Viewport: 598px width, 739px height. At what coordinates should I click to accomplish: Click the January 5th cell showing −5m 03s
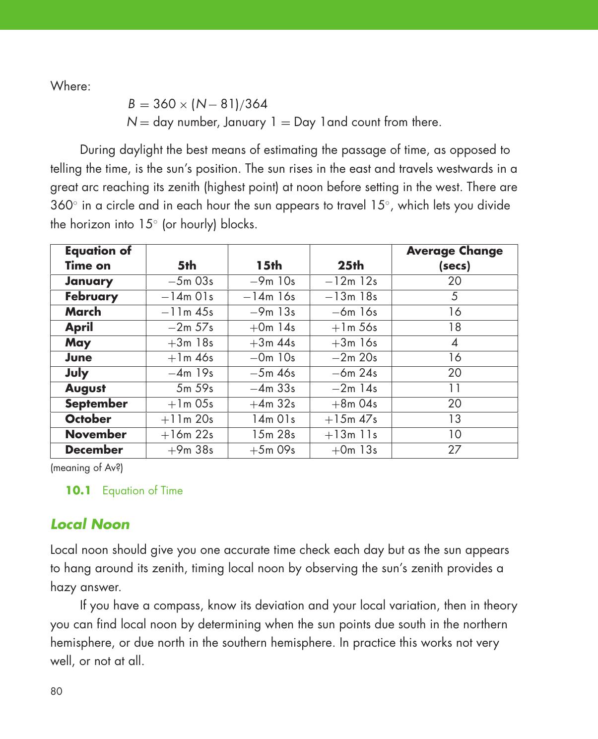[191, 281]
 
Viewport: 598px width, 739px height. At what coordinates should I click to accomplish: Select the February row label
[91, 297]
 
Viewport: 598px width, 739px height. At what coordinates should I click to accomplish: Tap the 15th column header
[269, 266]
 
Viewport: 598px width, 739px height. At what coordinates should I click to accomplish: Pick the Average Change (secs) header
[454, 258]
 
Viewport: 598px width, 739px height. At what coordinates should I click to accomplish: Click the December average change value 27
[454, 450]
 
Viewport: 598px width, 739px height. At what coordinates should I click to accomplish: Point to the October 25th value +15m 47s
[351, 419]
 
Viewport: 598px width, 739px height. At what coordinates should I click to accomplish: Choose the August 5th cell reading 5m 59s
[195, 389]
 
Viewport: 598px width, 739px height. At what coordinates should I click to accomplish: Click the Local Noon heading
[90, 525]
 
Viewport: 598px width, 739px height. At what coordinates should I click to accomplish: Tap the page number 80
[57, 691]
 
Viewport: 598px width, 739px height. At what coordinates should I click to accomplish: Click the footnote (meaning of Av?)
[87, 468]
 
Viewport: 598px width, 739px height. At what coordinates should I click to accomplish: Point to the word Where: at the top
[70, 86]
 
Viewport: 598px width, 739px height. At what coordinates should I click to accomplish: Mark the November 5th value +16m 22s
[187, 435]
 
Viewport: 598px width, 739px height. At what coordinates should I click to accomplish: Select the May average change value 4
[454, 343]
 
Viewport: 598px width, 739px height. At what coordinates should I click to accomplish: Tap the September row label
[96, 404]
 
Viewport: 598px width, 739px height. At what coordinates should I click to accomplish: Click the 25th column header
[350, 266]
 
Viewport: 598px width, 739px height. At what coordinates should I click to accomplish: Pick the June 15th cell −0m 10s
[272, 358]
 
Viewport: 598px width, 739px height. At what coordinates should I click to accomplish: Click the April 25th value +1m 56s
[354, 328]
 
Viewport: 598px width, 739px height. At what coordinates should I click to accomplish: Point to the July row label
[76, 373]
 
